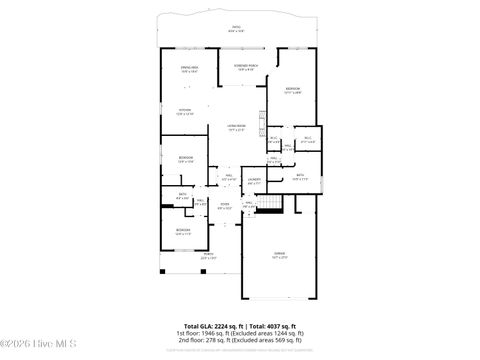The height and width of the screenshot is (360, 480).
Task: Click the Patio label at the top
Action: tap(235, 29)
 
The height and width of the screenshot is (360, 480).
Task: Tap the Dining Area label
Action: tap(189, 69)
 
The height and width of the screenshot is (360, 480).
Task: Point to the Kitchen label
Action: tap(185, 111)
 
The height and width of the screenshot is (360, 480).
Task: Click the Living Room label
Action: tap(237, 127)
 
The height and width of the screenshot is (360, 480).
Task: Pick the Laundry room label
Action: tap(254, 182)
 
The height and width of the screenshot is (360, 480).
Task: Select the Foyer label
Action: tap(224, 206)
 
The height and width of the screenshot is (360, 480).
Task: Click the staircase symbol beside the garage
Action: tap(267, 205)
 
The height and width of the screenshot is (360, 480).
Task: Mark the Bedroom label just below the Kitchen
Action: tap(186, 159)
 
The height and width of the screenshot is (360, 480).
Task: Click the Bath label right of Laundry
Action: tap(300, 176)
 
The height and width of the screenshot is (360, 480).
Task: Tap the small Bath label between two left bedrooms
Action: tap(182, 195)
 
